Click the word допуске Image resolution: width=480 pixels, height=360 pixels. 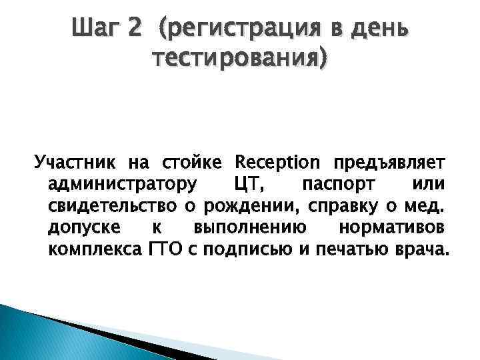(84, 227)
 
